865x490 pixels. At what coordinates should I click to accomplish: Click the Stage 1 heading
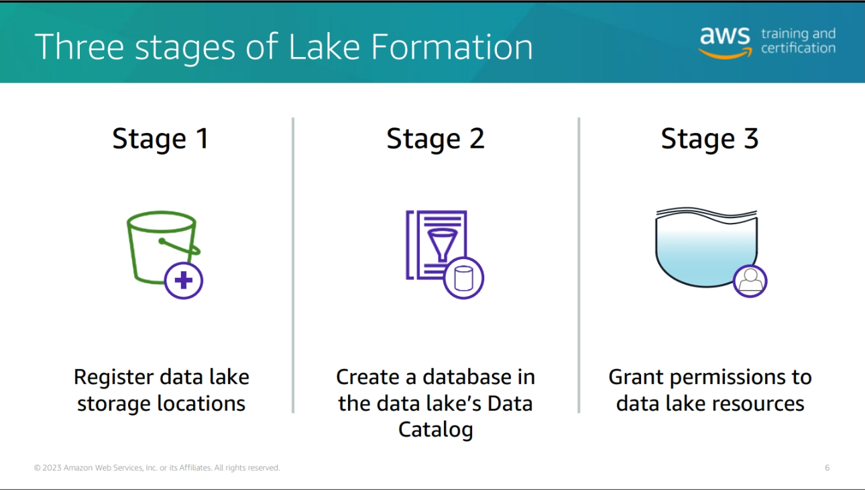click(160, 140)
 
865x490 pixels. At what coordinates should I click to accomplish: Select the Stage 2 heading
click(435, 140)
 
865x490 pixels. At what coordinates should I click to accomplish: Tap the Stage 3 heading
click(709, 140)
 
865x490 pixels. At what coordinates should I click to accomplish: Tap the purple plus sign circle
click(184, 281)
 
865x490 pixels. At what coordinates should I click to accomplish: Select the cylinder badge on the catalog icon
click(463, 279)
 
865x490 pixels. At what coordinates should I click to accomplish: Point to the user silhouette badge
click(750, 281)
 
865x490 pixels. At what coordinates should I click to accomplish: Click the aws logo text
click(725, 36)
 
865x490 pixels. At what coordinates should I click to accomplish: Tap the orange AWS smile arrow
click(726, 54)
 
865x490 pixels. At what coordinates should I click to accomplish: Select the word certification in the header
click(798, 48)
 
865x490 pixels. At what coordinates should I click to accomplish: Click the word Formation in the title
click(452, 47)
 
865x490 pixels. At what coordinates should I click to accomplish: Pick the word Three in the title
click(79, 47)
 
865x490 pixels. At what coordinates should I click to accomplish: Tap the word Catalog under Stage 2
click(436, 430)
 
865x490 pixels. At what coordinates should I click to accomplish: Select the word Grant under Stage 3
click(636, 377)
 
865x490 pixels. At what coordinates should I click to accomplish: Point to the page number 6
click(827, 468)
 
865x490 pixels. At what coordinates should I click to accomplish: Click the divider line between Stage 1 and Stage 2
click(293, 265)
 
